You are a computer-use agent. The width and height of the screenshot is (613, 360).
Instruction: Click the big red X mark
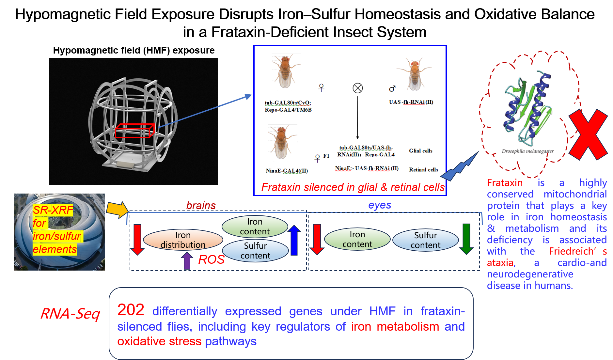(x=588, y=134)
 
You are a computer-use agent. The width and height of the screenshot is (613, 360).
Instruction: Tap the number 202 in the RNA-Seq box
(x=131, y=310)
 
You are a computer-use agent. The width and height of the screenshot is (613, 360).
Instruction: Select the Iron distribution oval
(x=183, y=240)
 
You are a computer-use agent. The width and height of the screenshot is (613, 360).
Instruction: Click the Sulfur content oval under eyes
(x=425, y=240)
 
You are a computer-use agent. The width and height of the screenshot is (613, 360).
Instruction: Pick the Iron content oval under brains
(x=255, y=227)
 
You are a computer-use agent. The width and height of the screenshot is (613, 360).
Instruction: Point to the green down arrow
(x=466, y=239)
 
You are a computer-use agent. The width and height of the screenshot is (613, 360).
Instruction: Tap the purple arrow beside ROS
(x=187, y=260)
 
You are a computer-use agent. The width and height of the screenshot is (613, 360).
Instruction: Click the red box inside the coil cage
(x=134, y=131)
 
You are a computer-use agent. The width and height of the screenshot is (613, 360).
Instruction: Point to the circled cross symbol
(x=358, y=88)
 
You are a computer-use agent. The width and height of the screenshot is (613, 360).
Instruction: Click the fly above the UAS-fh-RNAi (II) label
(x=414, y=74)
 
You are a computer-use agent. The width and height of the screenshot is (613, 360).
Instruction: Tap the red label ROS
(x=211, y=260)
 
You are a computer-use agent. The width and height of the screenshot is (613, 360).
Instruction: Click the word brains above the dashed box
(x=201, y=206)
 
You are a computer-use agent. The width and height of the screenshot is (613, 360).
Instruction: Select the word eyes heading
(x=379, y=205)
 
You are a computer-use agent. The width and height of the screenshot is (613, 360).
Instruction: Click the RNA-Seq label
(x=70, y=314)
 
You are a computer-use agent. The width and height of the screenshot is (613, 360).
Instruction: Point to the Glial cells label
(x=420, y=151)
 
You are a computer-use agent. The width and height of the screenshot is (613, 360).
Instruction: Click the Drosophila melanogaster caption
(x=527, y=151)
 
